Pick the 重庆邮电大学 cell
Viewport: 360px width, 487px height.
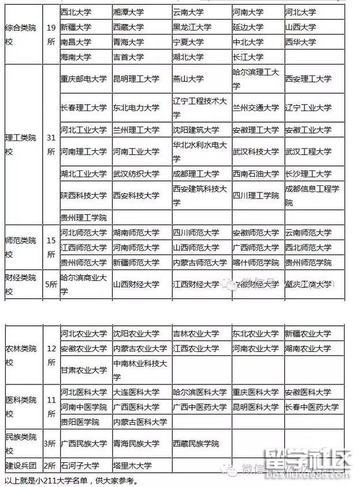coord(83,79)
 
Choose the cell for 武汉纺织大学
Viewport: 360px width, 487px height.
coord(136,173)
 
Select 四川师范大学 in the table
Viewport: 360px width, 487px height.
coord(196,233)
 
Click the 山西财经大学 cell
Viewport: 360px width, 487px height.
coord(136,284)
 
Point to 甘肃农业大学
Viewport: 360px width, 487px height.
coord(83,370)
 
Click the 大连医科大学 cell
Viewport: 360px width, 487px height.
coord(136,393)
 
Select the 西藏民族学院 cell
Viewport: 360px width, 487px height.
coord(196,444)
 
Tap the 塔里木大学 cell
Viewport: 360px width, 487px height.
coord(132,466)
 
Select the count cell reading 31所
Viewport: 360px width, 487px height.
coord(51,145)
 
